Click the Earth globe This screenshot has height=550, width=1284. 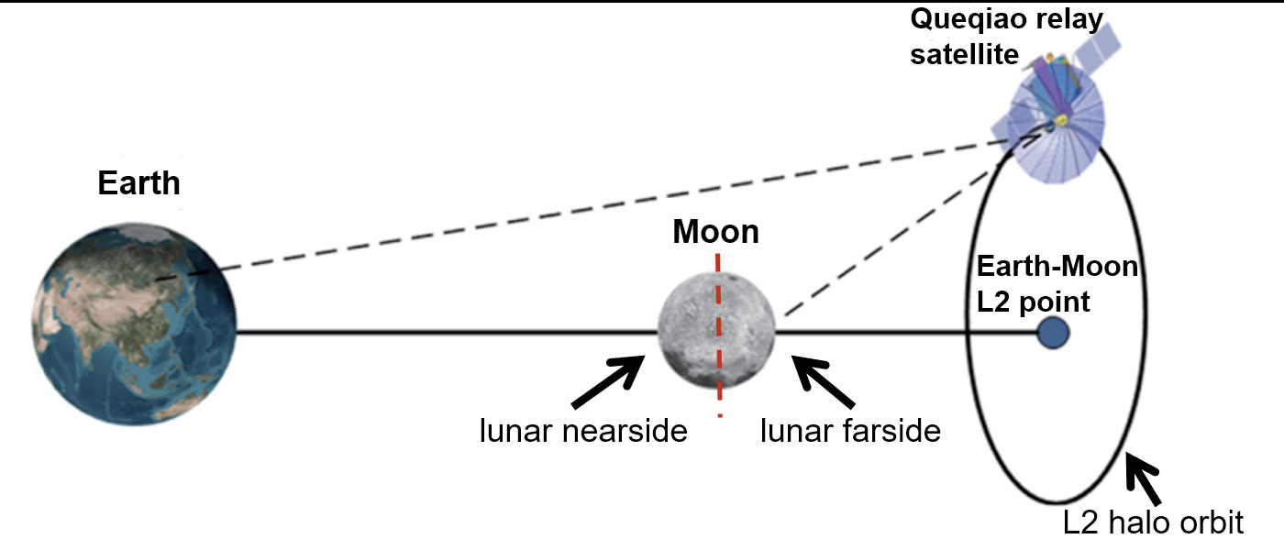[134, 324]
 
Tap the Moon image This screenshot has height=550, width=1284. [716, 331]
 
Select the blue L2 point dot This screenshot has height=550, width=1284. [1054, 332]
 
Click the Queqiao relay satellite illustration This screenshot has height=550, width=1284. [1055, 109]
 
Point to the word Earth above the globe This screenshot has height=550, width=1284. [138, 182]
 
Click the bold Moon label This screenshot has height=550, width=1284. [716, 231]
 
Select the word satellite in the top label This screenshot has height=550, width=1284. [965, 55]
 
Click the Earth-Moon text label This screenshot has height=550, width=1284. [1057, 267]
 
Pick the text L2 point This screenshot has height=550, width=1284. [1033, 302]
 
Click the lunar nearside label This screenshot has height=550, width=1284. [583, 431]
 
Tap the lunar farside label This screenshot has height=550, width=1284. [851, 431]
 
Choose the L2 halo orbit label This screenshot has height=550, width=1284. [1154, 522]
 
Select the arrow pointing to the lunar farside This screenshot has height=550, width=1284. [824, 381]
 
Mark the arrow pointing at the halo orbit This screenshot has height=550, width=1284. [1144, 479]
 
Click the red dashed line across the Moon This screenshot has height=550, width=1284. [718, 335]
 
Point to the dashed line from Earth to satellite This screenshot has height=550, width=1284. [599, 207]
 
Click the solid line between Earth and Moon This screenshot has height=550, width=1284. [448, 332]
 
